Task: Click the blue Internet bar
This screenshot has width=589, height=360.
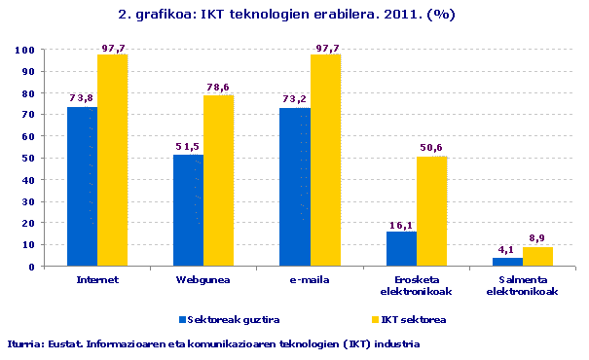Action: click(82, 186)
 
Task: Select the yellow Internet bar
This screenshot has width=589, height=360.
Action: click(112, 161)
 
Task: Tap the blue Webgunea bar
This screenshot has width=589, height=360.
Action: click(188, 210)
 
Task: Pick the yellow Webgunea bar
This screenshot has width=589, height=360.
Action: click(219, 181)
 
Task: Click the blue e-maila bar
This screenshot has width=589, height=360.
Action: click(295, 187)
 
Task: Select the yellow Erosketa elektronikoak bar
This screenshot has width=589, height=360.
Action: click(431, 211)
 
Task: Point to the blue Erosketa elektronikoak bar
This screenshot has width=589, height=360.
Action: click(401, 248)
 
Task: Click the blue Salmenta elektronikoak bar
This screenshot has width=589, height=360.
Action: click(507, 261)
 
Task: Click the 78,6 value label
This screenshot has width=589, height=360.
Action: click(219, 87)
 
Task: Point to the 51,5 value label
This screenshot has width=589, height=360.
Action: click(188, 146)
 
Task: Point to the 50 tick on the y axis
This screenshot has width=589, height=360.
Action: click(29, 158)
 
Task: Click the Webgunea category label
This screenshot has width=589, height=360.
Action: click(202, 279)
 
